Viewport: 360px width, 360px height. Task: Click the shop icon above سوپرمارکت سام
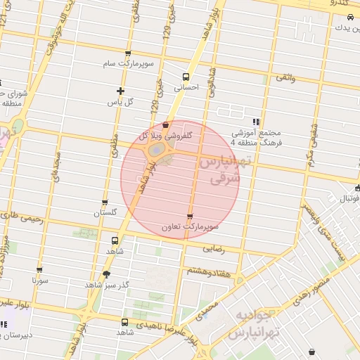127,54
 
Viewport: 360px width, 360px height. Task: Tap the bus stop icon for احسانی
186,77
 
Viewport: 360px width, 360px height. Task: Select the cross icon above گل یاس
120,91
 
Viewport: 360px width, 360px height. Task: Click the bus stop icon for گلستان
105,202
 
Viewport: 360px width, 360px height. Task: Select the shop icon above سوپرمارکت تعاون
190,217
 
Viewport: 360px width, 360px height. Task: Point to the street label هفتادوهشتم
207,271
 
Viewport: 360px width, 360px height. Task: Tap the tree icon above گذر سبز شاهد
105,274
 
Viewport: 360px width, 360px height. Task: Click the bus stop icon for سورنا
39,269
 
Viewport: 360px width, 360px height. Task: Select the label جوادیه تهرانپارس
257,323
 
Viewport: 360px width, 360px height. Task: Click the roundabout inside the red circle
159,150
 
